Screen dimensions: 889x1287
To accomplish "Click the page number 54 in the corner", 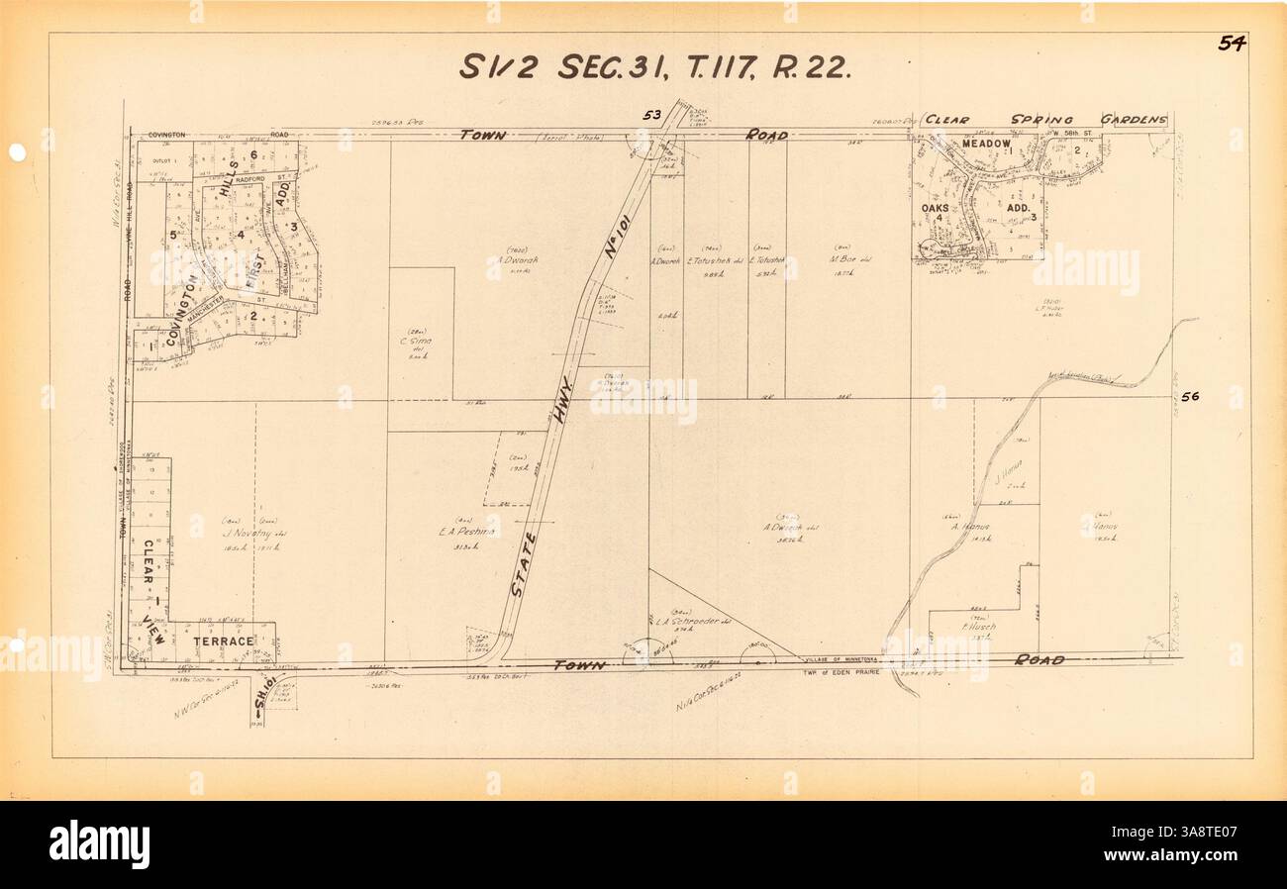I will [x=1232, y=43].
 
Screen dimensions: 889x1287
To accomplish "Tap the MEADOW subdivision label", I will [x=986, y=145].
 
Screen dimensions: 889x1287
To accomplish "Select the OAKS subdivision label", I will [x=936, y=209].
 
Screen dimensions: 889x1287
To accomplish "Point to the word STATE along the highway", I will [x=524, y=564].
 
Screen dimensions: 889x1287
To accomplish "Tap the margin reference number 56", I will [x=1189, y=396].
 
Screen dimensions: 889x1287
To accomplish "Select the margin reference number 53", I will [x=651, y=115].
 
